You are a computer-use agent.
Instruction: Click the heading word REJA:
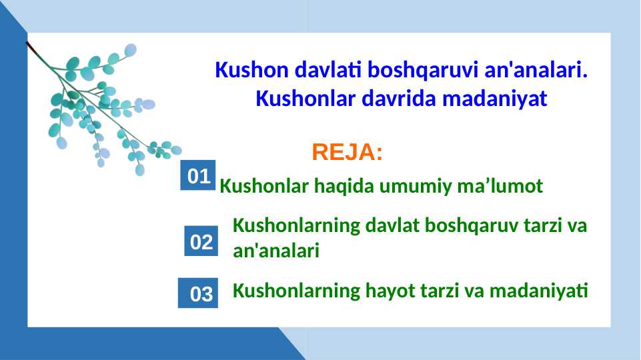347,153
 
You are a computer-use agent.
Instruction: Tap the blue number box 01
198,176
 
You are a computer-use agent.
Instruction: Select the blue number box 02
201,242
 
